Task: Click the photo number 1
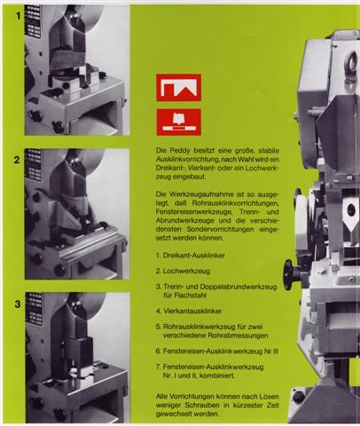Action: pos(19,16)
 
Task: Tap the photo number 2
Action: pos(17,160)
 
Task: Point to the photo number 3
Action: pos(18,304)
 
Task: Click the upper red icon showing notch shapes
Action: pos(178,88)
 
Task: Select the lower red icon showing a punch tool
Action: pos(178,122)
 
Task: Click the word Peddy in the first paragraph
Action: pos(178,151)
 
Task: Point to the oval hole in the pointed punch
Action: pos(351,209)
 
